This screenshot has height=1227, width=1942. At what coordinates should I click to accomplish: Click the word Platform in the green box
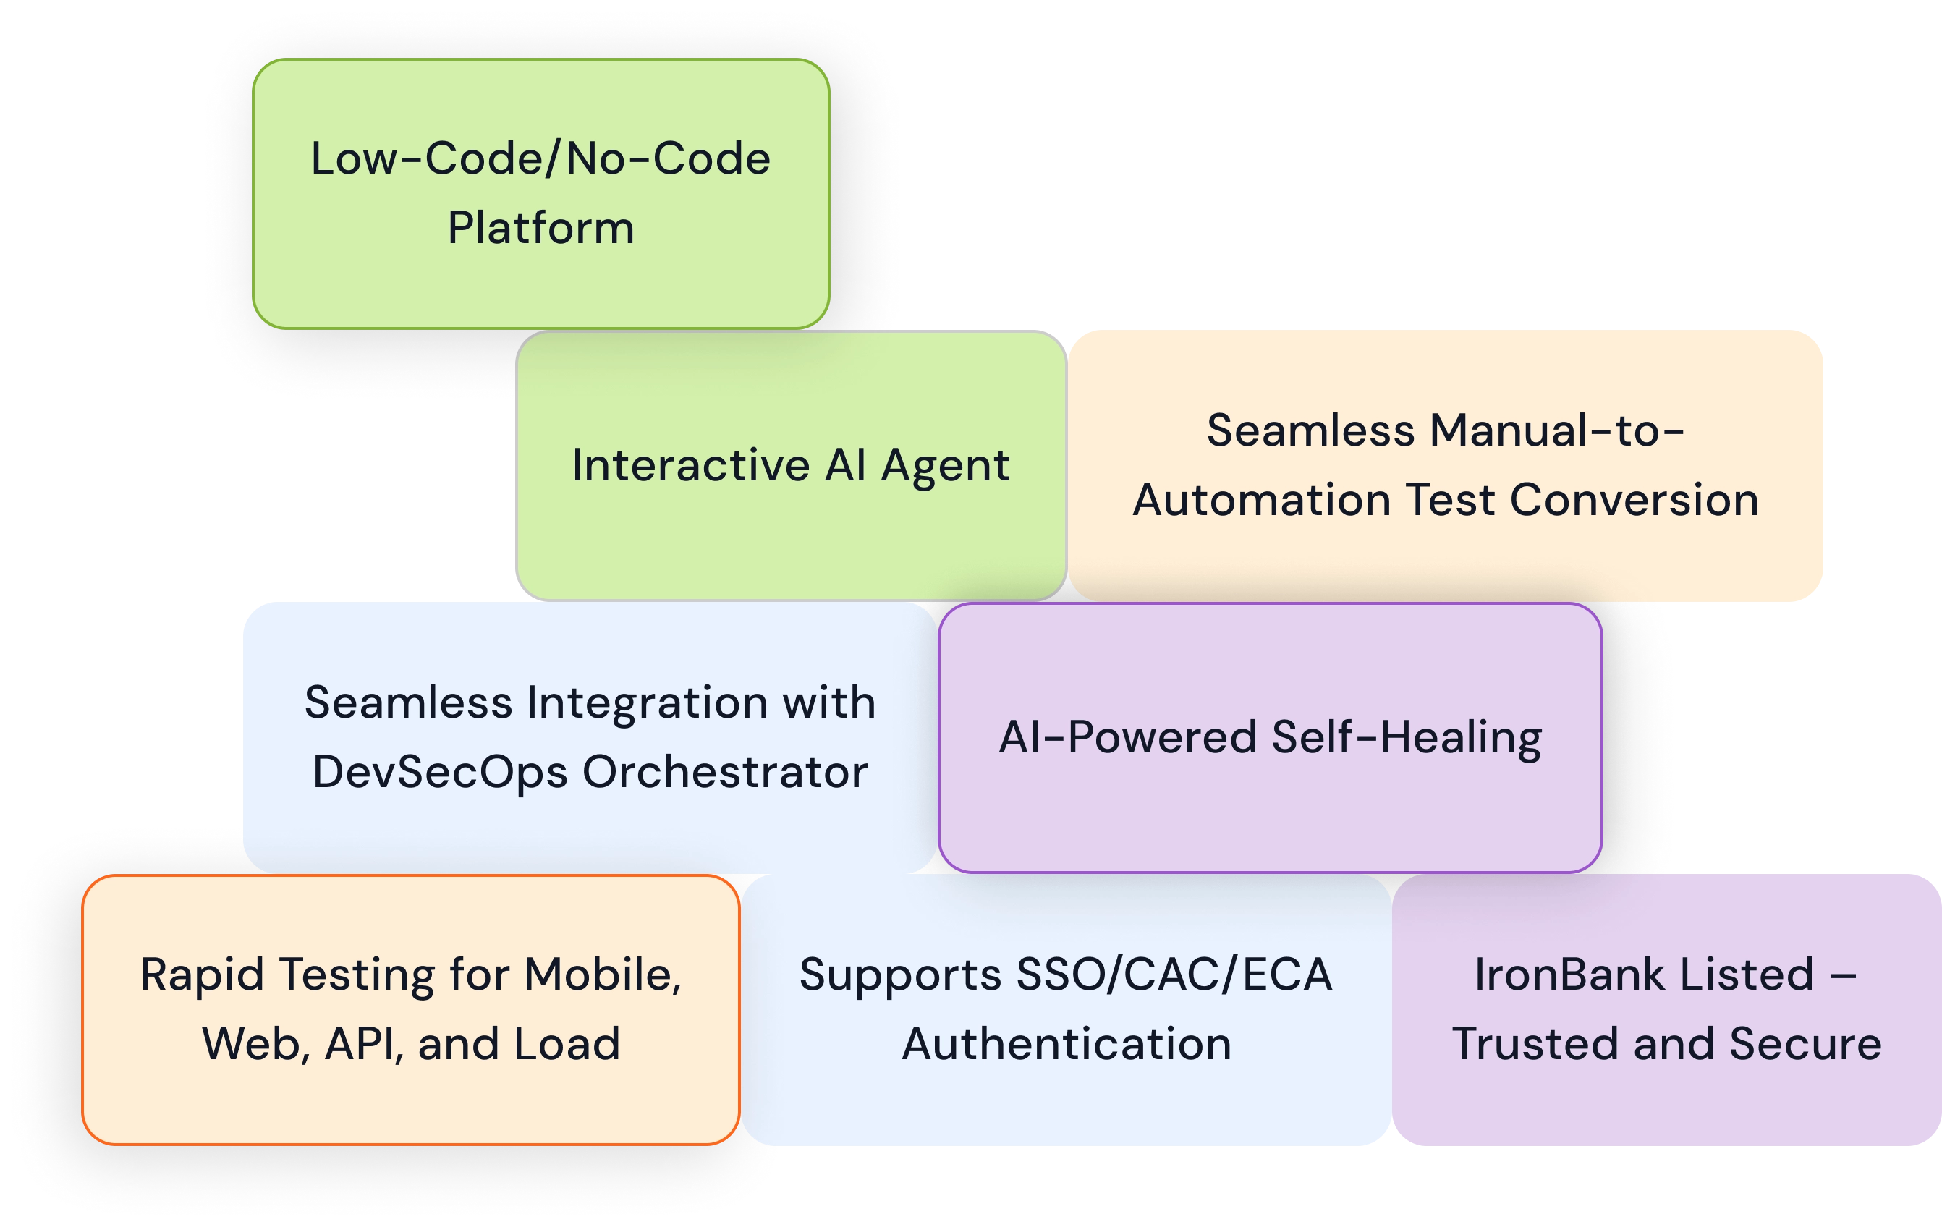[540, 228]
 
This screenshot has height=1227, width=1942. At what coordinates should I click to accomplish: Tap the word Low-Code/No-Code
[540, 159]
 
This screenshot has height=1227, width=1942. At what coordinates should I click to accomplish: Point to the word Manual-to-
[1556, 430]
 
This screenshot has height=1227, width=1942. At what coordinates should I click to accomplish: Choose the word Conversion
[1634, 500]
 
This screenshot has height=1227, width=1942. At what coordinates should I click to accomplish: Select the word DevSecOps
[439, 773]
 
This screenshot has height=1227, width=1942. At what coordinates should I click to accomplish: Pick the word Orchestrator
[724, 773]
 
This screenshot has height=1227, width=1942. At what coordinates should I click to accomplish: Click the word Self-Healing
[1407, 738]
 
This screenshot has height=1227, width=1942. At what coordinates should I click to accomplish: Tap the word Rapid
[203, 975]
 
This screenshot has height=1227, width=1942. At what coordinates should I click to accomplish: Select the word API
[363, 1045]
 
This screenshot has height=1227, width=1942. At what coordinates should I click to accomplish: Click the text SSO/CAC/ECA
[1174, 975]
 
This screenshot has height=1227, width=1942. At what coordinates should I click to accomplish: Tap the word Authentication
[1067, 1045]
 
